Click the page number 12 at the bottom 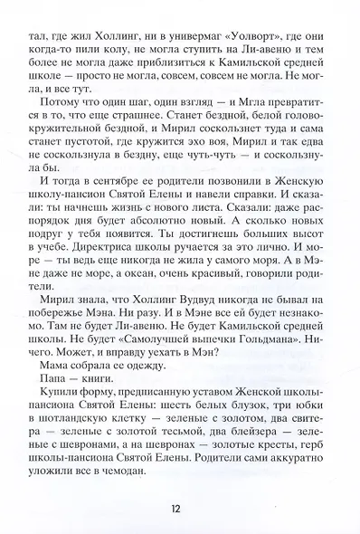(179, 504)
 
